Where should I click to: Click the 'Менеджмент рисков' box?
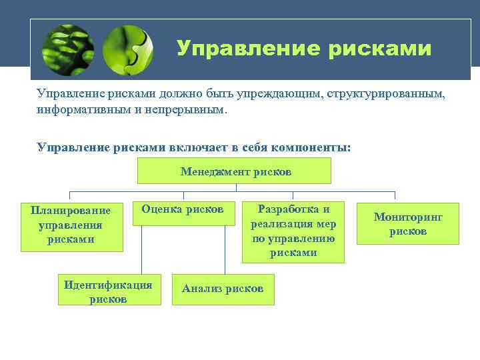[x=234, y=171]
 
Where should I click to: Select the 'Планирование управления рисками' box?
[x=72, y=227]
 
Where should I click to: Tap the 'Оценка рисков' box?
[x=182, y=213]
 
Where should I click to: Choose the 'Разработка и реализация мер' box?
[x=293, y=231]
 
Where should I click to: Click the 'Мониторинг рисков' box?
[x=408, y=224]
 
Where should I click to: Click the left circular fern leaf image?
[x=67, y=50]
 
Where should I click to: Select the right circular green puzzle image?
[x=129, y=50]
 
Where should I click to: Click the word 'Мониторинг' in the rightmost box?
[x=408, y=217]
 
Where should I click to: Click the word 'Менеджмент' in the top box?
[x=211, y=171]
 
